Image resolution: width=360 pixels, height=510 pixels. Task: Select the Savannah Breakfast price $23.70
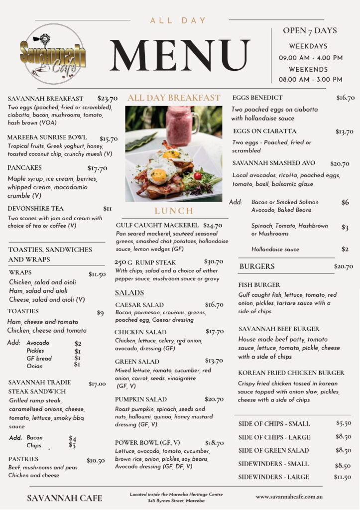click(x=107, y=99)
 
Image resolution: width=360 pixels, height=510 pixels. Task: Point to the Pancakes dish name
click(x=24, y=168)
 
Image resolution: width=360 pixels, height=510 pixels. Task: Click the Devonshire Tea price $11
click(x=108, y=209)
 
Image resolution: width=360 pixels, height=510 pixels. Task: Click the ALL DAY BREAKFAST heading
click(x=174, y=98)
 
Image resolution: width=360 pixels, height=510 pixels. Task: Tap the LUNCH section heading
click(x=174, y=211)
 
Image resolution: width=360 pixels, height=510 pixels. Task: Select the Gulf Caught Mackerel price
click(x=213, y=226)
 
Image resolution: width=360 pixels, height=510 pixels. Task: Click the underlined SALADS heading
click(x=129, y=293)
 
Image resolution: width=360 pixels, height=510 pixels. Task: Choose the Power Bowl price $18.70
click(x=214, y=443)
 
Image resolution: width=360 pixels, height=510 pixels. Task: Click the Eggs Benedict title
click(x=257, y=98)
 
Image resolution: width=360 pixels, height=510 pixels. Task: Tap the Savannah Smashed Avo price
click(x=340, y=163)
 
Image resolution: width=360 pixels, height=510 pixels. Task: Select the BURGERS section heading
click(x=257, y=266)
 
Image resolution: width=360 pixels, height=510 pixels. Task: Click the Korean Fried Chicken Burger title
click(x=291, y=373)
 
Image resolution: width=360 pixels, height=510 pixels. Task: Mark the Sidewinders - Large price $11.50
click(x=342, y=477)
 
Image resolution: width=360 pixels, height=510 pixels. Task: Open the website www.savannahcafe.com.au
click(x=289, y=497)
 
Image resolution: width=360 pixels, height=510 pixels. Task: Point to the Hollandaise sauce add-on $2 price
click(x=345, y=249)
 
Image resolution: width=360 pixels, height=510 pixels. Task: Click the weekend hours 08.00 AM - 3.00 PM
click(x=310, y=79)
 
